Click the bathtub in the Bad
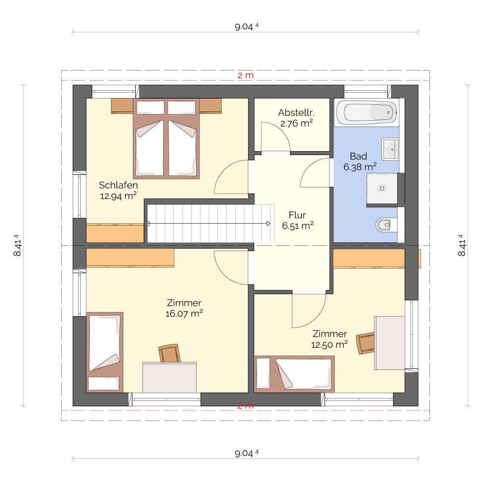pos(366,112)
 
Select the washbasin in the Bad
pos(390,149)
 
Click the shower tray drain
pos(382,188)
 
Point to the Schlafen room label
pos(118,185)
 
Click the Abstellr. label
pos(297,113)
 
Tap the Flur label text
pos(297,215)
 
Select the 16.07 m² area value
pos(184,313)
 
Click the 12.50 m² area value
pos(329,344)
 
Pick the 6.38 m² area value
pos(360,167)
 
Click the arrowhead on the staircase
pos(269,224)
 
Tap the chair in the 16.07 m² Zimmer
pos(169,353)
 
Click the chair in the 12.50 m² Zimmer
pos(365,343)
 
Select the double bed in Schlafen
pos(166,139)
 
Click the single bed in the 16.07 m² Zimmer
pos(105,352)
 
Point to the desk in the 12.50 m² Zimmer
pos(389,343)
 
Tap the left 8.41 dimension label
pos(17,245)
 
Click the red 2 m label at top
pos(245,75)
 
